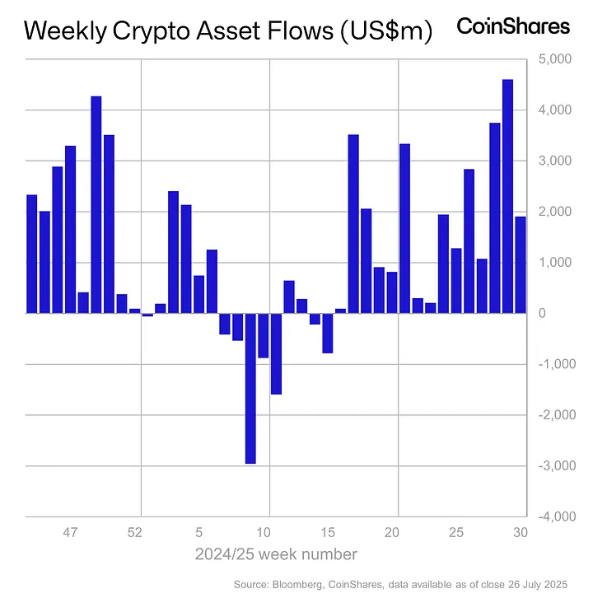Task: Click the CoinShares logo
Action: click(512, 26)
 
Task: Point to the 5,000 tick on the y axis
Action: click(549, 60)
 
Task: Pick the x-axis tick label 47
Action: click(71, 532)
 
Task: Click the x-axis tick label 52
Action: click(135, 532)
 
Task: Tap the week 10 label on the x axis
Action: click(264, 532)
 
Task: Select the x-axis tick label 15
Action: click(328, 532)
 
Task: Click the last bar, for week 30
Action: click(521, 264)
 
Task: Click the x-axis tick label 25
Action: click(456, 532)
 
